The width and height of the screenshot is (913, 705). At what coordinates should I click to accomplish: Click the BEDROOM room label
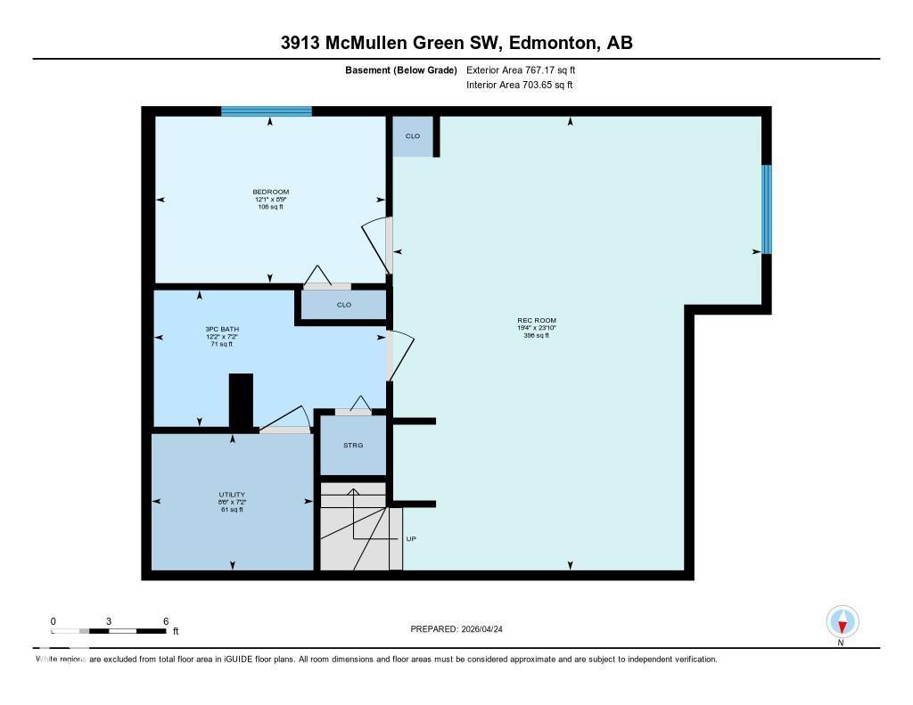pos(270,192)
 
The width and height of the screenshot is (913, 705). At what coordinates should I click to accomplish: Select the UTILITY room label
pos(232,495)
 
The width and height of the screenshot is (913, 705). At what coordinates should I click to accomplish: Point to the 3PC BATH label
pos(222,329)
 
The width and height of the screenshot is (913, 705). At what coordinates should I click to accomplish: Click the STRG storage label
pos(353,445)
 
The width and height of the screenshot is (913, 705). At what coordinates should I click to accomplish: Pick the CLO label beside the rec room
pos(413,136)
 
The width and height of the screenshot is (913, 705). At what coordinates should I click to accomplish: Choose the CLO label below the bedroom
pos(344,305)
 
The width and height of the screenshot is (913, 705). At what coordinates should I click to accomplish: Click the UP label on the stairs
pos(411,538)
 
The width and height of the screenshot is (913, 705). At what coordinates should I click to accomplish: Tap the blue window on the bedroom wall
pos(267,111)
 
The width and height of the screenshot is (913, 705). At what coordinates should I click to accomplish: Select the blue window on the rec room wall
pos(766,209)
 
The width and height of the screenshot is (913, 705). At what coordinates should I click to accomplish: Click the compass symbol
pos(842,621)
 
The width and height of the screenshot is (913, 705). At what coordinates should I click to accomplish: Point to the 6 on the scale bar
pos(166,620)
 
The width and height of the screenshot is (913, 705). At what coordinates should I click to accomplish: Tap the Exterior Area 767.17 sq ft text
pos(527,70)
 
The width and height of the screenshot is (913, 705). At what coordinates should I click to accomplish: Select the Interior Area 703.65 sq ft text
pos(519,85)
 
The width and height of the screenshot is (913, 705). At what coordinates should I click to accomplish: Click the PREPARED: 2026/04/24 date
pos(462,629)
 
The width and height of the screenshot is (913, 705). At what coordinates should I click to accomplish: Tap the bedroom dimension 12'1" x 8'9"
pos(270,200)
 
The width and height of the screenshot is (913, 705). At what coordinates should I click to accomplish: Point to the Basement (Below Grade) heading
pos(401,70)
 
